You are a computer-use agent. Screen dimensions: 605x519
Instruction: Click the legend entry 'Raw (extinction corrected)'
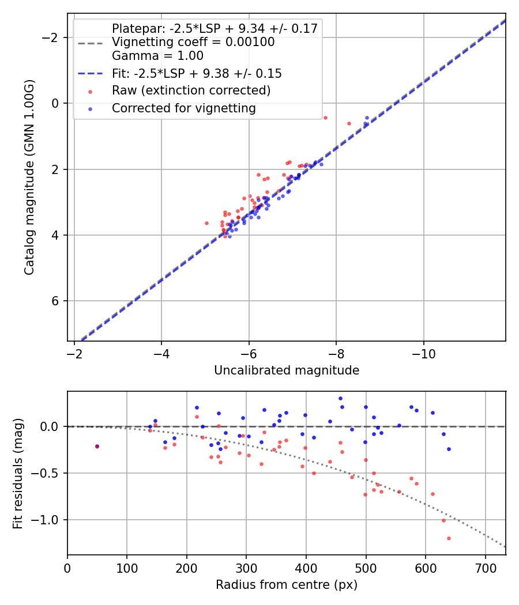pyautogui.click(x=191, y=90)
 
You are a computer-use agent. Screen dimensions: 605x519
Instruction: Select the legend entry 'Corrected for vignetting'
pyautogui.click(x=183, y=108)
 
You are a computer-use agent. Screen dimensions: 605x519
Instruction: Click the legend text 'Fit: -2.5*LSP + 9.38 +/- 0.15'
pyautogui.click(x=197, y=74)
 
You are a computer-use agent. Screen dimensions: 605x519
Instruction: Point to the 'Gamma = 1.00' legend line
pyautogui.click(x=157, y=56)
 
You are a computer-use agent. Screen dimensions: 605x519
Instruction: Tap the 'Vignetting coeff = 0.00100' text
pyautogui.click(x=193, y=42)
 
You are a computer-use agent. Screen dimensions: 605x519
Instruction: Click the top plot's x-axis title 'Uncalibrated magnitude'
pyautogui.click(x=287, y=370)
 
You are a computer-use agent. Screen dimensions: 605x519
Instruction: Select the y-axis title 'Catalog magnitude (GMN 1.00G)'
pyautogui.click(x=29, y=177)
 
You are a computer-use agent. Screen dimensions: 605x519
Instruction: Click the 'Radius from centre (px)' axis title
pyautogui.click(x=287, y=585)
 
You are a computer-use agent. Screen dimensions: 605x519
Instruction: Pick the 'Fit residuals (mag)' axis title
pyautogui.click(x=18, y=473)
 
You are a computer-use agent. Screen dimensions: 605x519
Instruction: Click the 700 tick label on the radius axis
pyautogui.click(x=485, y=567)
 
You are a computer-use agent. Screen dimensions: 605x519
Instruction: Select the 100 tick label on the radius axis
pyautogui.click(x=127, y=567)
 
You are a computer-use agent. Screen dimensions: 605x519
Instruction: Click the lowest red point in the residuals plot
pyautogui.click(x=449, y=538)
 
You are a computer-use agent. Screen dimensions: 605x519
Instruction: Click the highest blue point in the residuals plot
pyautogui.click(x=340, y=398)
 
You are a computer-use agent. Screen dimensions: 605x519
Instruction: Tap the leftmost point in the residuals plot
pyautogui.click(x=97, y=447)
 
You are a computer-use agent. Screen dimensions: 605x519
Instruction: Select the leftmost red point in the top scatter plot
pyautogui.click(x=206, y=223)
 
